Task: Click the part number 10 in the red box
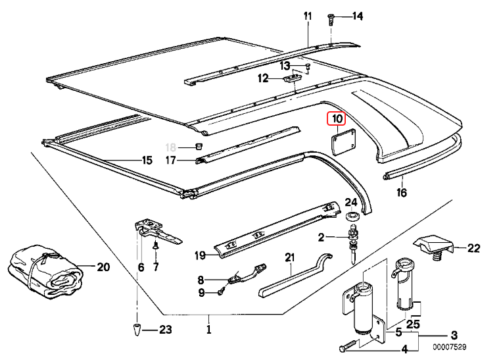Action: pyautogui.click(x=337, y=119)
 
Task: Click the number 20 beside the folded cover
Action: pyautogui.click(x=103, y=267)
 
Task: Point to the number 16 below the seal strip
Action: pyautogui.click(x=402, y=193)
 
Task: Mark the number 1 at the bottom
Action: pyautogui.click(x=209, y=329)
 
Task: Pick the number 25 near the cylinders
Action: pyautogui.click(x=413, y=322)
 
